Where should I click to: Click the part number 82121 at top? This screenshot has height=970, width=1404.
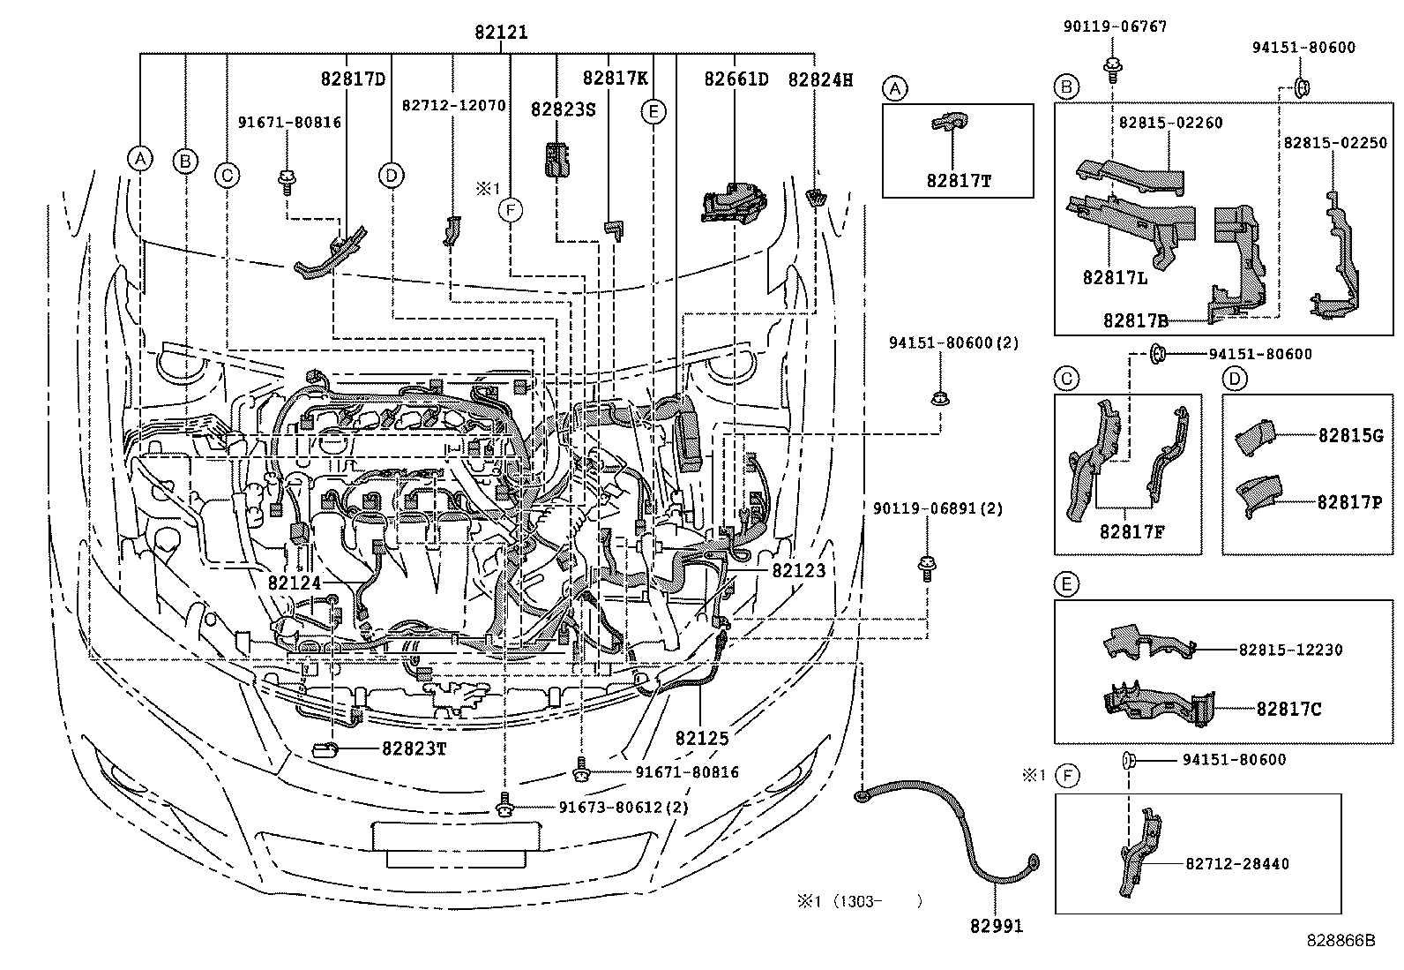click(501, 33)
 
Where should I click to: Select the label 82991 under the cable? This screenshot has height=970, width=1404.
click(997, 926)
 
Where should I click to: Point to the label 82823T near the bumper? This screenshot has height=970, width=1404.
click(414, 748)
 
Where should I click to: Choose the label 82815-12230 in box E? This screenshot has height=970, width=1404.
click(1290, 650)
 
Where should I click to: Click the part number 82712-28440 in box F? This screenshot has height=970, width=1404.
click(1235, 864)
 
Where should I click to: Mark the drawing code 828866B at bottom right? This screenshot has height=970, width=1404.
click(1341, 941)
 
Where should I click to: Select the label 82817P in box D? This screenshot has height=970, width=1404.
click(1349, 501)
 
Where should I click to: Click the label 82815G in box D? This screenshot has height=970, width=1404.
click(1350, 435)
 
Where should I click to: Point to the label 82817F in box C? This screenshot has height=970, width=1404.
click(1132, 532)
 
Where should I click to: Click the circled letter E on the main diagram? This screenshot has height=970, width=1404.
click(653, 112)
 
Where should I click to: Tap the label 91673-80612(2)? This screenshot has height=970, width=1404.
click(624, 807)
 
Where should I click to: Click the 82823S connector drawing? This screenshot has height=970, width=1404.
click(556, 159)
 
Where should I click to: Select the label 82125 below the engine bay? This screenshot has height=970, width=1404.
click(702, 738)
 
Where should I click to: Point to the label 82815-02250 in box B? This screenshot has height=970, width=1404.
click(1334, 143)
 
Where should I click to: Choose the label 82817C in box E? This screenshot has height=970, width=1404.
click(1288, 708)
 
